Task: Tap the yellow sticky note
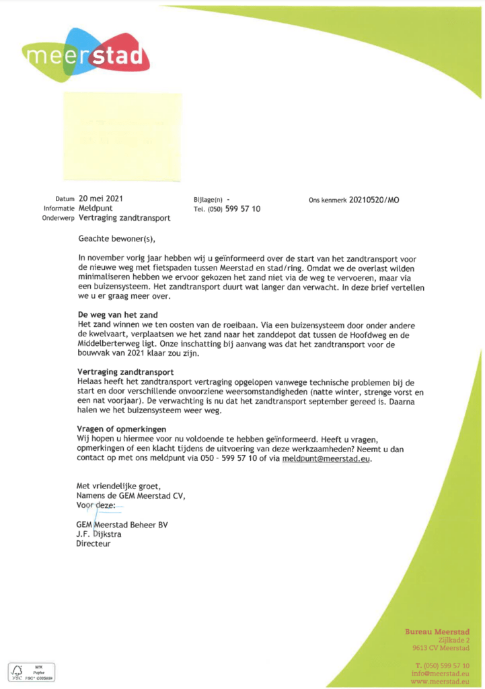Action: (x=122, y=137)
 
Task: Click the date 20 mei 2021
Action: (x=101, y=199)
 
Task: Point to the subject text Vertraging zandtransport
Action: (x=124, y=218)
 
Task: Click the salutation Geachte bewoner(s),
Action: (x=120, y=238)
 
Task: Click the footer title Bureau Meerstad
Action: (x=437, y=631)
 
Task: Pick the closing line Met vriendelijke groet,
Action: (x=119, y=486)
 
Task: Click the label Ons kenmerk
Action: (x=328, y=201)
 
